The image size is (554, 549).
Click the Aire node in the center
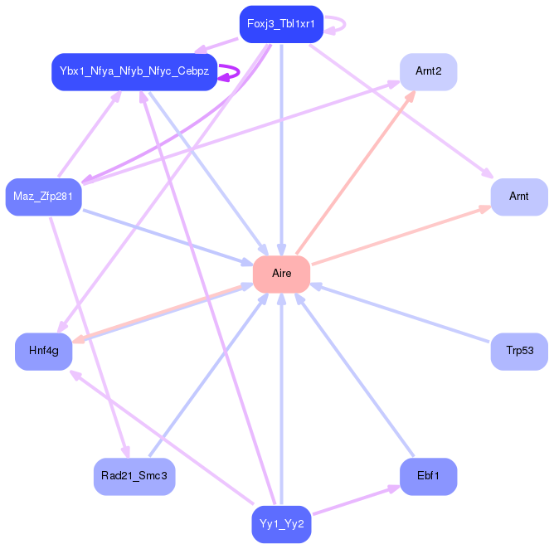tap(281, 274)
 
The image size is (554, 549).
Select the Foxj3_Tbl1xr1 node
tap(280, 23)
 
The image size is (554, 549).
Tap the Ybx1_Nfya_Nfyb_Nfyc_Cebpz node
tap(134, 72)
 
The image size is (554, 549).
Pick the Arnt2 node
tap(428, 72)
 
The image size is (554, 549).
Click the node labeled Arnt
tap(518, 197)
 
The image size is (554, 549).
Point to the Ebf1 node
tap(428, 476)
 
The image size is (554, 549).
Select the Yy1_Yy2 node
tap(281, 524)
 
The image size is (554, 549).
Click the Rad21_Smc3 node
tap(134, 476)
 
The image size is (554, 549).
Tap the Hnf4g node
tap(43, 351)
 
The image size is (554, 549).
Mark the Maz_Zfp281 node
tap(43, 197)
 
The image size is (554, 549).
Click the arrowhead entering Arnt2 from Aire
tap(411, 96)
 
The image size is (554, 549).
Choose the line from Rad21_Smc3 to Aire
tap(207, 374)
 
